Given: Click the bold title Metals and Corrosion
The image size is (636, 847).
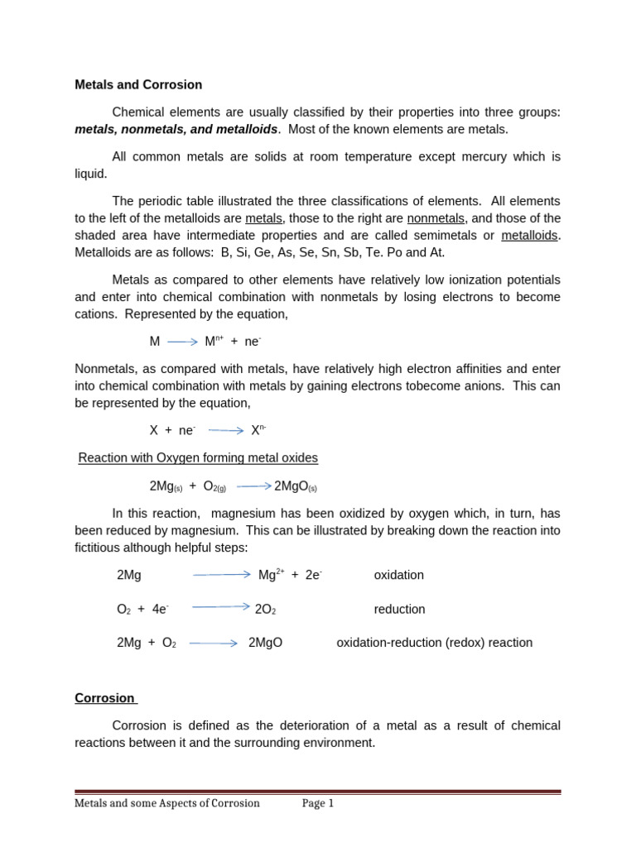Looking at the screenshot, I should [138, 84].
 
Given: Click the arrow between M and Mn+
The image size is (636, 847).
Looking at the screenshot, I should [182, 341].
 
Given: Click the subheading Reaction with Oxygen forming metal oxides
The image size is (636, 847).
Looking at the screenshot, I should [198, 457].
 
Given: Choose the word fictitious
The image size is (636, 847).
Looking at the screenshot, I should [104, 548].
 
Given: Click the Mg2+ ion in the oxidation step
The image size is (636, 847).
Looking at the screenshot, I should [271, 575].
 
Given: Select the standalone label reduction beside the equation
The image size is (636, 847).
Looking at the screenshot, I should [399, 609].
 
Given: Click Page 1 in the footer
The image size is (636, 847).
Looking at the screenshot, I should [317, 803].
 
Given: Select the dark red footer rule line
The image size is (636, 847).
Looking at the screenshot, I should [317, 792].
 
